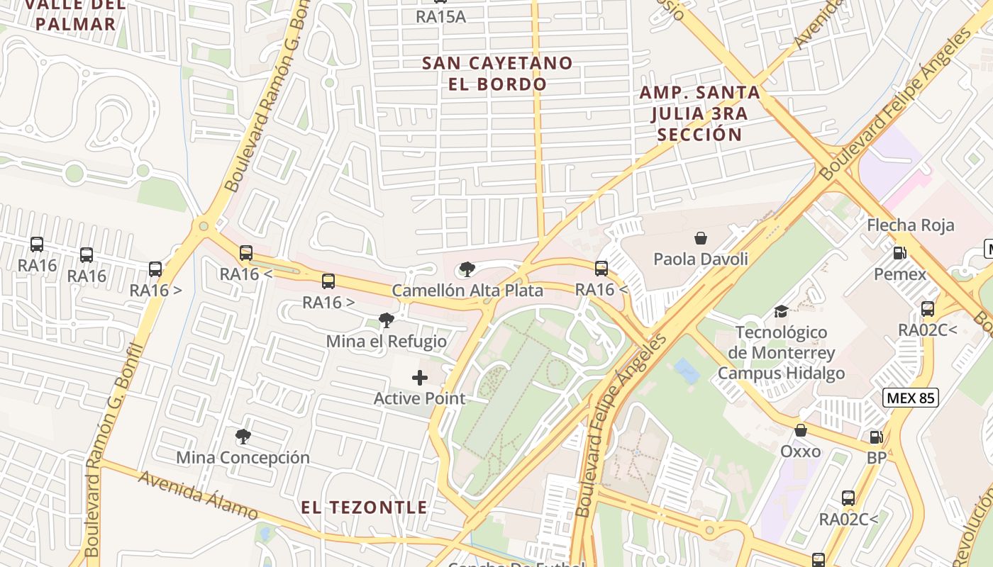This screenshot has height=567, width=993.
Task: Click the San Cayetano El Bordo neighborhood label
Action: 497,73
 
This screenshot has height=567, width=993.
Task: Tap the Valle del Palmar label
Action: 75,14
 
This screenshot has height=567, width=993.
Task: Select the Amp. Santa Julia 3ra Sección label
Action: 699,113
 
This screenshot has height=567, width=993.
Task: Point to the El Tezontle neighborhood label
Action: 364,507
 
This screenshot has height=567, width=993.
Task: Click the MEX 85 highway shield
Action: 911,398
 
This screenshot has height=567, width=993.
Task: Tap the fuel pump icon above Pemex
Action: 899,252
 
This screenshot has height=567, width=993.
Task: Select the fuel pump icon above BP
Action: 877,437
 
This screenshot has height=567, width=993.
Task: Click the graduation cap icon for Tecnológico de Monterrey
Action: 781,311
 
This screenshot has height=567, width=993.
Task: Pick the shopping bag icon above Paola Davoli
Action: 701,237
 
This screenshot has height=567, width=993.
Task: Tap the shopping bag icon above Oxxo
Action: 801,430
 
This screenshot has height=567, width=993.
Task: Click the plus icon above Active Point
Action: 420,378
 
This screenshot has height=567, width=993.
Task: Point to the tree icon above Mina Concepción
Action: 243,436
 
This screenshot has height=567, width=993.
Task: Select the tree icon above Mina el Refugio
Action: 387,320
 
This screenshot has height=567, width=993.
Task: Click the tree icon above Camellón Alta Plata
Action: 467,269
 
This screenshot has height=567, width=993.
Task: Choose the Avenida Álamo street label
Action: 198,495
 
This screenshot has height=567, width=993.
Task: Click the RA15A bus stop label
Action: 440,17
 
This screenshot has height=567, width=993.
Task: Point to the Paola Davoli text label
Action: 700,259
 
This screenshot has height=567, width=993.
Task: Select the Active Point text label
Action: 419,398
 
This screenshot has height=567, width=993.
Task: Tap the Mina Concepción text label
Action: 243,458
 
